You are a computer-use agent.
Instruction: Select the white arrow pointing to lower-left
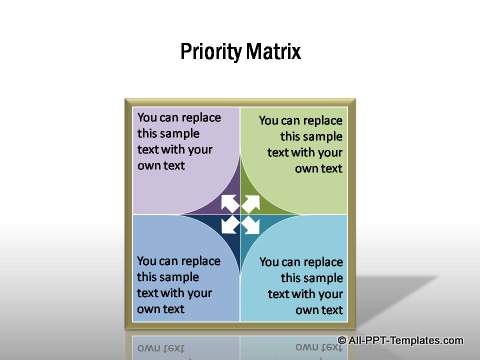227,226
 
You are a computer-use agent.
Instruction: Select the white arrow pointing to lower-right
252,226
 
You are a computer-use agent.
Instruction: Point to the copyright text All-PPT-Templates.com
413,341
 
